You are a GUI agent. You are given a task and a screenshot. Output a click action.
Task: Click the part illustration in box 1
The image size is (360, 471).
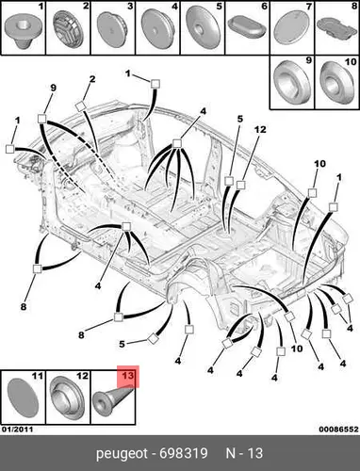tap(24, 31)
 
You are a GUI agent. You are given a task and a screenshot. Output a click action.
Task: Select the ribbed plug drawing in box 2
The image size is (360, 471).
tap(69, 29)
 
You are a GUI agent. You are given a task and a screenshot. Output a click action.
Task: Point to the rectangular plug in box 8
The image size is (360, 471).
tap(336, 29)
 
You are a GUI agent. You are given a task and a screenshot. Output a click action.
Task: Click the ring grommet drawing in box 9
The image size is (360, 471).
tap(292, 82)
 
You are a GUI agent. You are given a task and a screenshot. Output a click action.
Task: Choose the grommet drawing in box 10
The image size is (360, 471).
tap(335, 83)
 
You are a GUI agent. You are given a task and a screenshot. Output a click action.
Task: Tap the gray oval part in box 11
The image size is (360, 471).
tap(23, 398)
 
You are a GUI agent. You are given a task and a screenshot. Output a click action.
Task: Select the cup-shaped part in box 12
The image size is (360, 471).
tap(68, 397)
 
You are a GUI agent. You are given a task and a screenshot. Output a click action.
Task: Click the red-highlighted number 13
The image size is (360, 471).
tap(128, 376)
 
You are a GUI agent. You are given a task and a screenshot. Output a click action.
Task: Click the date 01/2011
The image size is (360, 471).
tap(17, 430)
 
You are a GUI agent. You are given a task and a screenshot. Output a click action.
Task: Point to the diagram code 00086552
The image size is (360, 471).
tap(338, 430)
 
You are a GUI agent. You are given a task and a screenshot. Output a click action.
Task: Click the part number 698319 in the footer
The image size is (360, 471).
tap(184, 453)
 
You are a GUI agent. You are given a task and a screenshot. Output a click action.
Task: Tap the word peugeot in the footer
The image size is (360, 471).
tap(122, 454)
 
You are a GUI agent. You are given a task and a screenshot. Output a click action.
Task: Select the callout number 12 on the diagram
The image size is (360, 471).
tap(260, 129)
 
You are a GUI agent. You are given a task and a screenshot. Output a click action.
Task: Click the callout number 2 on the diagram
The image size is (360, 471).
tap(92, 79)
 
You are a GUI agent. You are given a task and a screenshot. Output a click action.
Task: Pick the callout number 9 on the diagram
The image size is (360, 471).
tap(53, 88)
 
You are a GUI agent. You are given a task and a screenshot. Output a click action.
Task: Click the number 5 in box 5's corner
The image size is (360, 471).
tap(220, 6)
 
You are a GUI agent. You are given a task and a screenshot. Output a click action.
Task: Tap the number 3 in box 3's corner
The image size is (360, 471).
tap(130, 6)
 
